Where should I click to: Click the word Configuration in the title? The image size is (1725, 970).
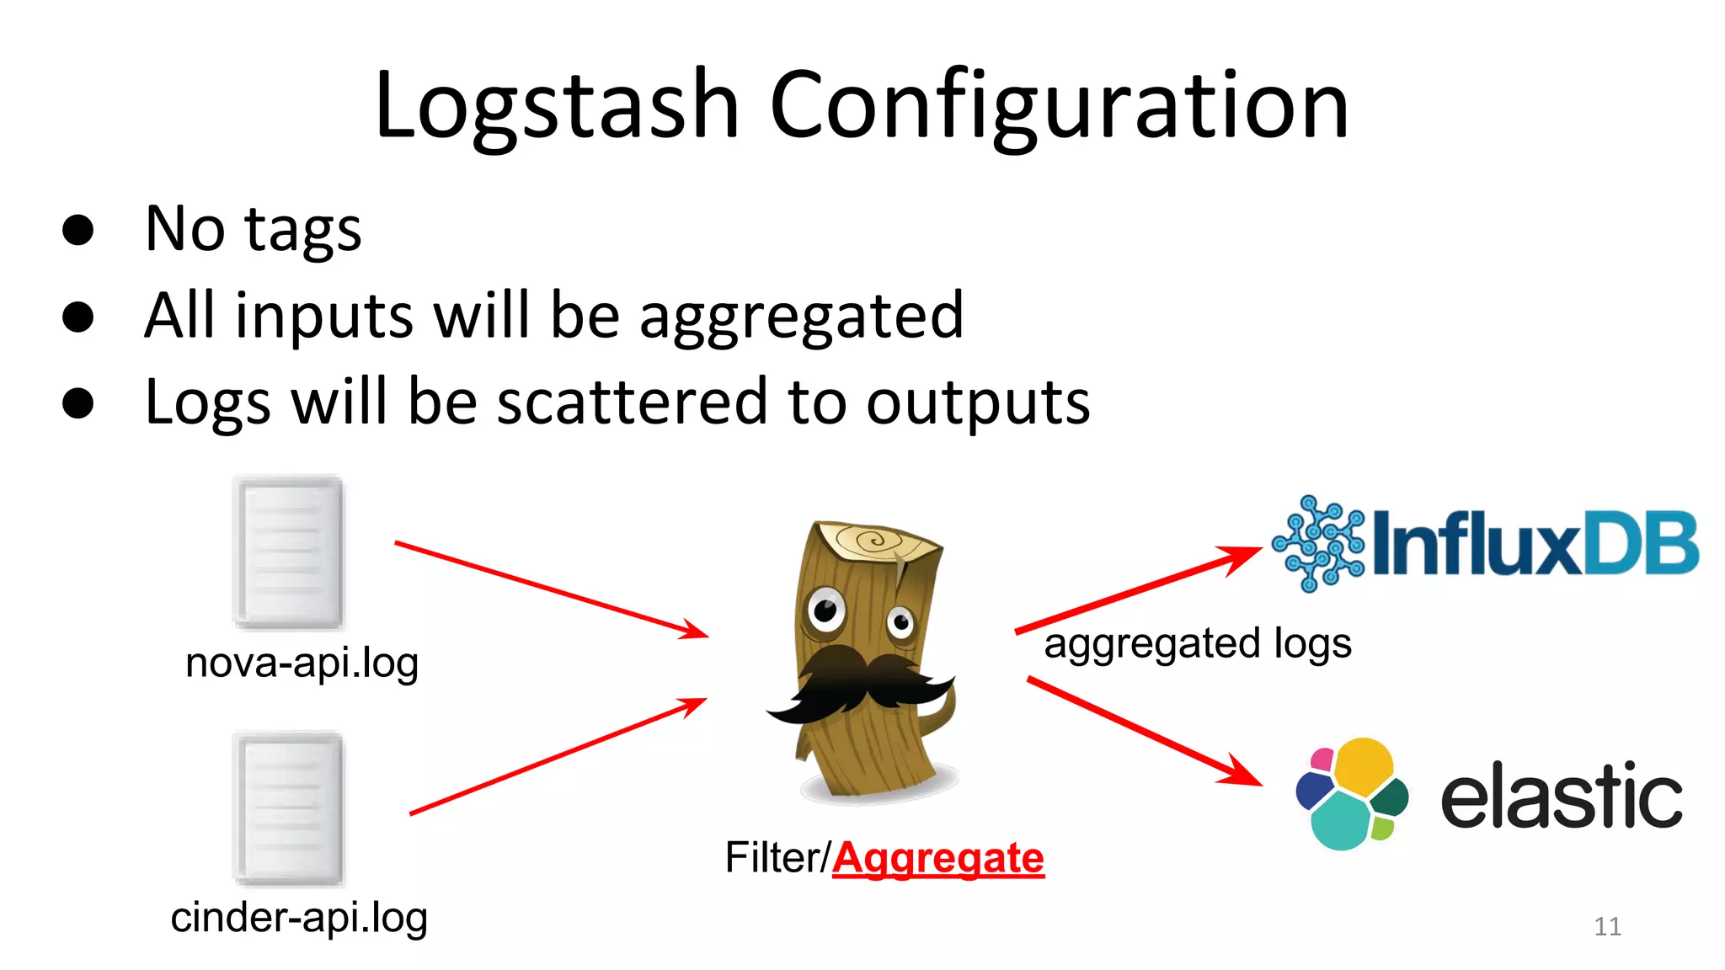[1059, 108]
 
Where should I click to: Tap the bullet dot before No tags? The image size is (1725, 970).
[77, 229]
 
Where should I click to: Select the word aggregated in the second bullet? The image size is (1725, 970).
[801, 317]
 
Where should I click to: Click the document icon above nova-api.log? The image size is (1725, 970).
[288, 552]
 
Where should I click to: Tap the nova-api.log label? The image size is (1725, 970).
[302, 663]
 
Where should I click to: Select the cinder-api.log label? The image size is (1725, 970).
[299, 917]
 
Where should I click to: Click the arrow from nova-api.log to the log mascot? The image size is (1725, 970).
[552, 589]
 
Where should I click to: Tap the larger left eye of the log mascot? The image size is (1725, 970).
[825, 609]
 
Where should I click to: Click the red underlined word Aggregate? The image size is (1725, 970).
[938, 858]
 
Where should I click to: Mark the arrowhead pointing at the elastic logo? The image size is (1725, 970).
[1242, 770]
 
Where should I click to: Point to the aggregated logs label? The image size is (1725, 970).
[1198, 644]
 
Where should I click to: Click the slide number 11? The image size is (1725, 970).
[1607, 926]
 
